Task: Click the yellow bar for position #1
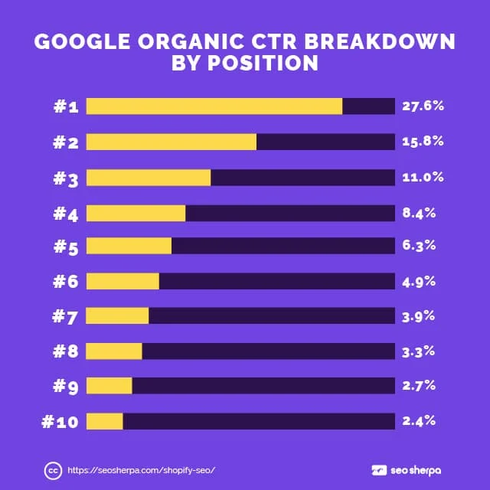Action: [214, 106]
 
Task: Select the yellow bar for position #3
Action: [148, 178]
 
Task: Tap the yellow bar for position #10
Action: [104, 421]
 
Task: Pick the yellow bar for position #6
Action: [122, 281]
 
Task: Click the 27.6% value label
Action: [423, 106]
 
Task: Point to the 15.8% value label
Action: [423, 142]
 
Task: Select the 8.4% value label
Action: [419, 212]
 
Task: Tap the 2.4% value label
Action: [419, 420]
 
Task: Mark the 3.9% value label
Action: [419, 315]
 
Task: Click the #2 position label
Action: [66, 142]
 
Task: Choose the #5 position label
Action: [66, 247]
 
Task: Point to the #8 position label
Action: [66, 351]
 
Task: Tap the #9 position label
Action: [66, 387]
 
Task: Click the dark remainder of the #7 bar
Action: [272, 316]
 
